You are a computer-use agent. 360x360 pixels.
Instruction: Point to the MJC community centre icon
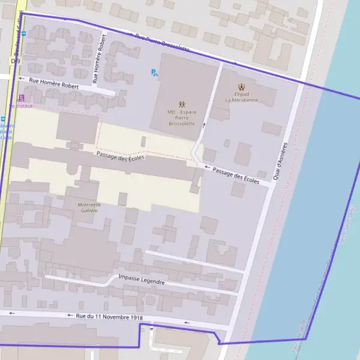coord(181,104)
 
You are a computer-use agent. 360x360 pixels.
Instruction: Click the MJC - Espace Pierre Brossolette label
coord(181,118)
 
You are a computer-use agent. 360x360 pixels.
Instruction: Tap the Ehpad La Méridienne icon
coord(242,86)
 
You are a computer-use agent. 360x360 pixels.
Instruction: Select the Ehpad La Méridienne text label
coord(242,97)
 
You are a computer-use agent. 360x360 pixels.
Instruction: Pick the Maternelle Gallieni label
coord(89,208)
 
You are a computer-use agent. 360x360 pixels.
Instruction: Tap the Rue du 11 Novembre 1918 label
coord(110,316)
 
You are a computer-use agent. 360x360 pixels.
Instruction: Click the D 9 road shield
coord(15,61)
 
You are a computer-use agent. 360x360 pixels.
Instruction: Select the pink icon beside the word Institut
coord(22,98)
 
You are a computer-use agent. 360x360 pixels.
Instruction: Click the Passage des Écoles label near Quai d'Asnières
coord(236,176)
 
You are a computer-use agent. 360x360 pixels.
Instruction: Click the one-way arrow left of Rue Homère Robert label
coord(22,79)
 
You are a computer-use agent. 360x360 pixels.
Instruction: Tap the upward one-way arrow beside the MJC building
coord(203,125)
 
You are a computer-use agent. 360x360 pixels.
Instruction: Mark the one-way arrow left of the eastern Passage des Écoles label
coord(207,168)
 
